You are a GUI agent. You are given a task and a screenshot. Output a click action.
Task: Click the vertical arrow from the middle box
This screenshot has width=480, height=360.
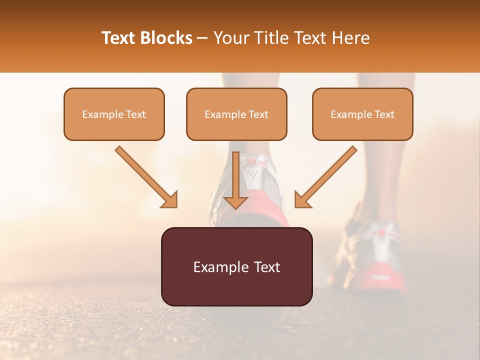236,175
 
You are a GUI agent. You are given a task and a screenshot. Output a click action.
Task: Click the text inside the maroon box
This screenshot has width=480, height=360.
236,267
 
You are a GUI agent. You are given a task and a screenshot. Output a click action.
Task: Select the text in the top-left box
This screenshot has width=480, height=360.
114,114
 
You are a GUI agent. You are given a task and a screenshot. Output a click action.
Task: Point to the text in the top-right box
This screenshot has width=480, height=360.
362,114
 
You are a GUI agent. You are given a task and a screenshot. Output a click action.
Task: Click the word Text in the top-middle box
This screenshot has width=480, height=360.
258,114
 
